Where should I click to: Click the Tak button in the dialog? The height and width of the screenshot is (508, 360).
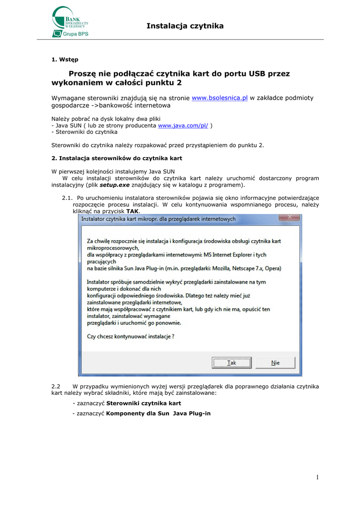tap(231, 363)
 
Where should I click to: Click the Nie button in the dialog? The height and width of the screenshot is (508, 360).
tap(275, 363)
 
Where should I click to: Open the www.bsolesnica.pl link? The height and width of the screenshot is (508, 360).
tap(219, 98)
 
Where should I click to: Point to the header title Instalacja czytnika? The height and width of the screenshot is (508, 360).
tap(185, 26)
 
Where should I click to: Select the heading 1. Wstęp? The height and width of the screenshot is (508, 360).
tap(65, 60)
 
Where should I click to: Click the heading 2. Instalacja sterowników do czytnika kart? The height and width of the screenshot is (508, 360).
tap(117, 158)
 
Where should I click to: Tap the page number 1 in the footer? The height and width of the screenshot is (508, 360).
tap(316, 477)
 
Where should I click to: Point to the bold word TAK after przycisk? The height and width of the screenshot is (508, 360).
tap(133, 211)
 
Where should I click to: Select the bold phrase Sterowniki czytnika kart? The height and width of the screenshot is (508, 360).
tap(144, 403)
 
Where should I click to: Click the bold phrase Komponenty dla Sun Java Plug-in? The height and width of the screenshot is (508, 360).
tap(158, 413)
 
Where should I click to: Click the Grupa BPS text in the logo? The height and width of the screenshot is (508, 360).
tap(75, 34)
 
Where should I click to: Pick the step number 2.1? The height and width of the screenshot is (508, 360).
tap(68, 198)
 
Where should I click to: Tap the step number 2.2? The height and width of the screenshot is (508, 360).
tap(56, 386)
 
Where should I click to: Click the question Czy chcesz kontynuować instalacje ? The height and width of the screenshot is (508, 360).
tap(131, 336)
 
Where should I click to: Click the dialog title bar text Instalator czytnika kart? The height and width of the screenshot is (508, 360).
tap(158, 218)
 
